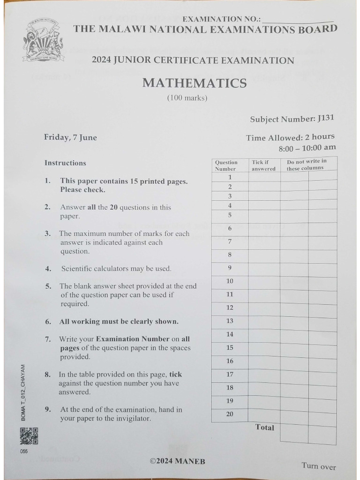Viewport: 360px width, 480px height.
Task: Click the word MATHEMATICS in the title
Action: [194, 83]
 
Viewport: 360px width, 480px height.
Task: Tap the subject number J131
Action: [326, 118]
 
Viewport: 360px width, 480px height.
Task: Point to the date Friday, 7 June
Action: [70, 137]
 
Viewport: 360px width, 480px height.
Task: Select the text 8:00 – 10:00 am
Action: [307, 147]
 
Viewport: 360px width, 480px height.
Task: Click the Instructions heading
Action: [65, 163]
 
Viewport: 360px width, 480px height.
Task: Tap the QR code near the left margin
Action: [29, 436]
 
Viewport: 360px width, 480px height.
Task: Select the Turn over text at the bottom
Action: [319, 466]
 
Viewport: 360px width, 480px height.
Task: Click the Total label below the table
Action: [265, 427]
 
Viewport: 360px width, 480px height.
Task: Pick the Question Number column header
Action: [226, 165]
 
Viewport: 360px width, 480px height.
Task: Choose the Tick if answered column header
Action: [263, 165]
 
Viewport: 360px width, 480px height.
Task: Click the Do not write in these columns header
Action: [307, 165]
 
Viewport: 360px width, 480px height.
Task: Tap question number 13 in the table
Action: [230, 321]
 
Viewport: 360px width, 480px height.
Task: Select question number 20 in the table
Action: [230, 414]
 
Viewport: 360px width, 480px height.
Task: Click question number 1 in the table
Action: [230, 177]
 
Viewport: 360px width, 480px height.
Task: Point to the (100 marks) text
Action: [187, 98]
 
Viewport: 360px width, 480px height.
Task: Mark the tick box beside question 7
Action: [264, 242]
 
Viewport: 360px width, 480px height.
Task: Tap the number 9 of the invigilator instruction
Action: [47, 409]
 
